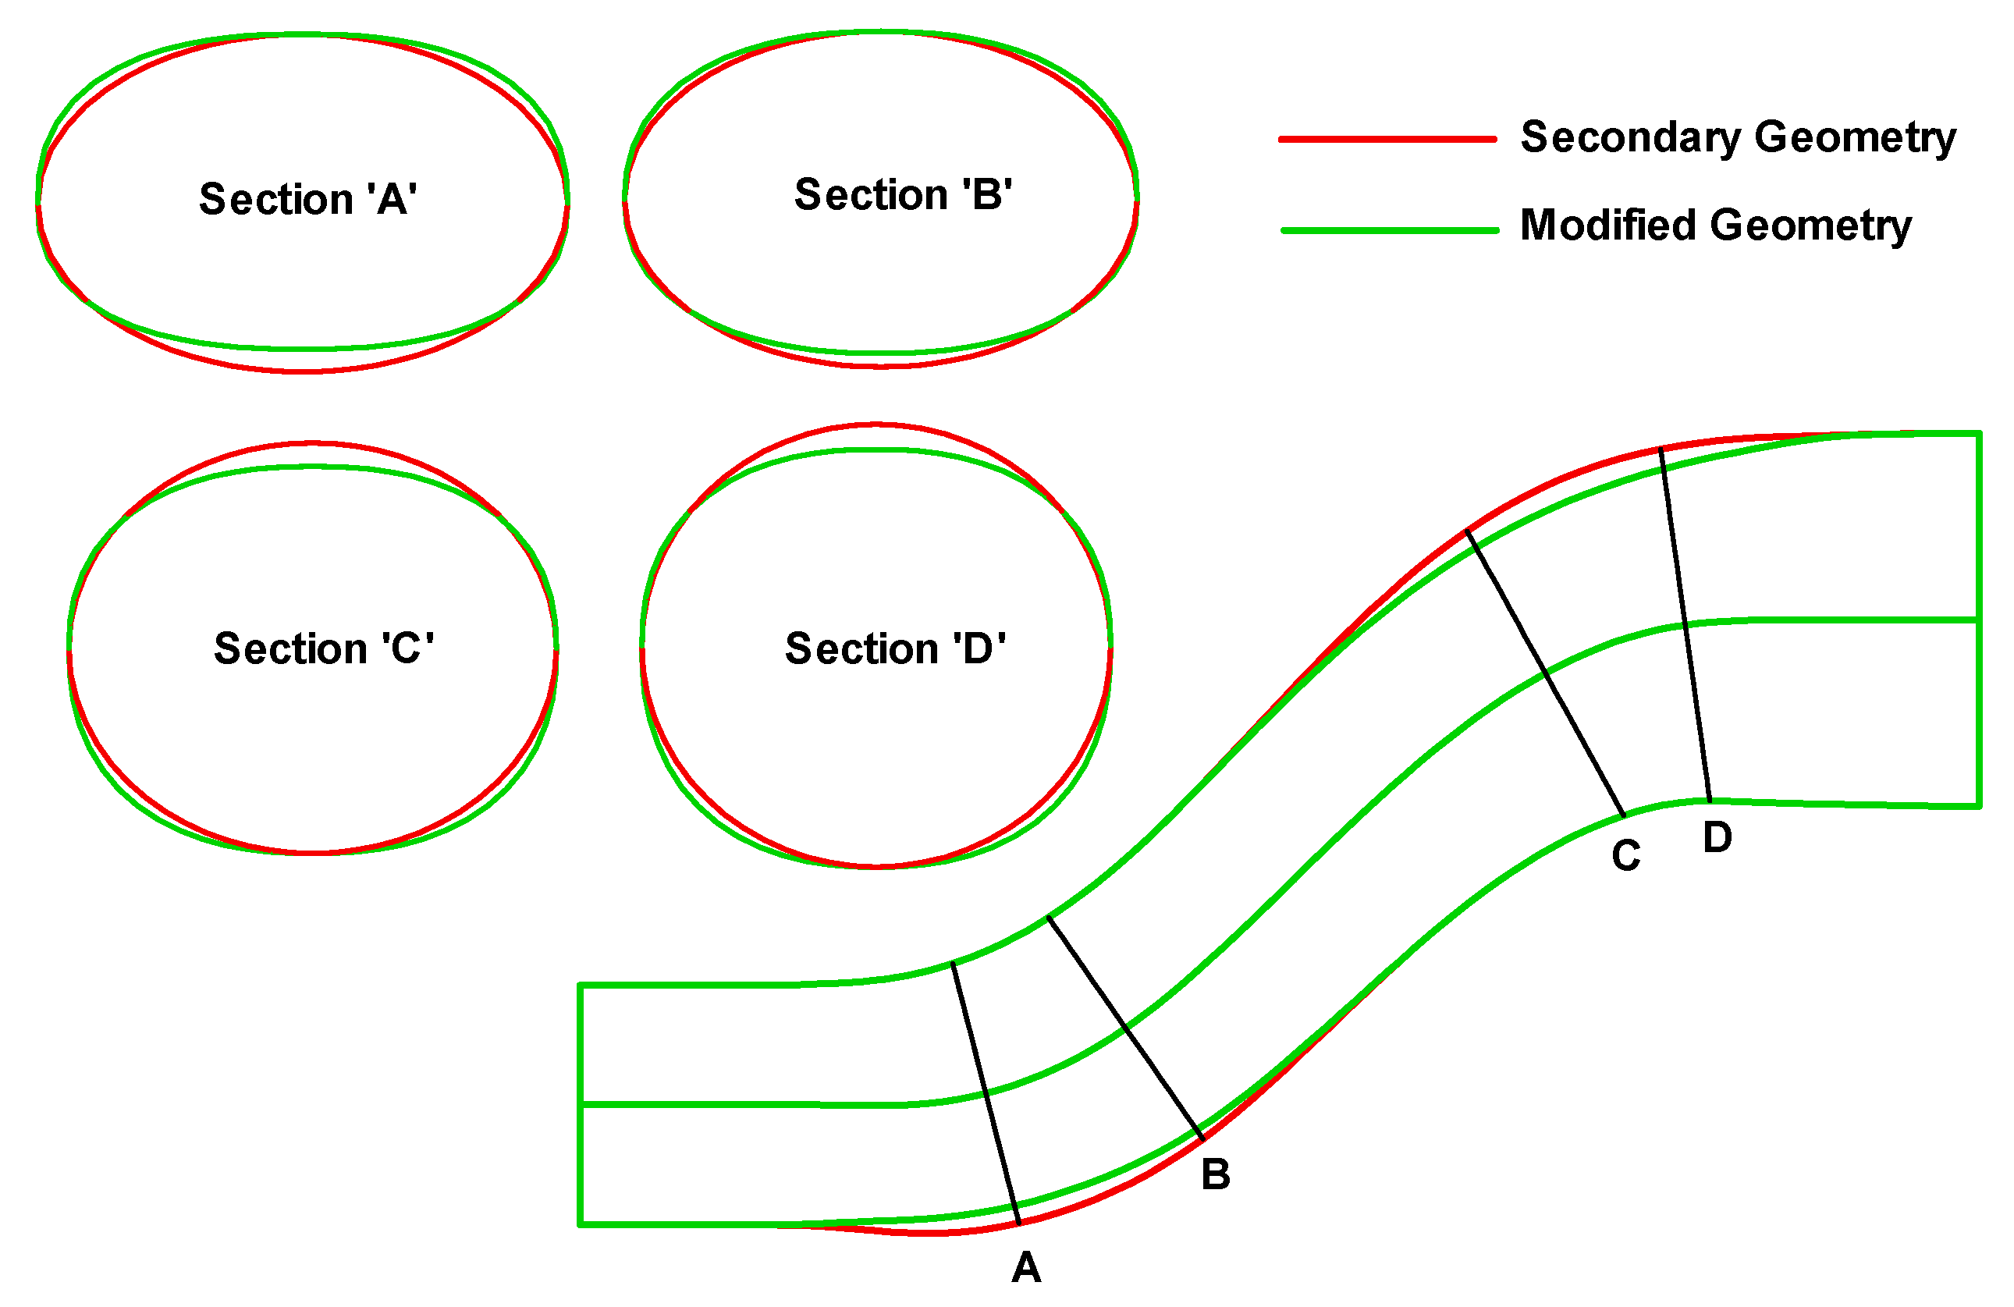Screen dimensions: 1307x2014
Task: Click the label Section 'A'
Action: coord(308,200)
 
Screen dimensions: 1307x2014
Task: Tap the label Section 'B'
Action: coord(903,195)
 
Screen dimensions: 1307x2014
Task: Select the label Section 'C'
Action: coord(324,649)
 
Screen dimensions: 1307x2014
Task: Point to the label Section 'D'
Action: coord(895,649)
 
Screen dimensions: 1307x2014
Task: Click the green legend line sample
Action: coord(1389,230)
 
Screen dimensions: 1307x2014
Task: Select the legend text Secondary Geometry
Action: coord(1738,137)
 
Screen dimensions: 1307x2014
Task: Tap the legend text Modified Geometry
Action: coord(1715,226)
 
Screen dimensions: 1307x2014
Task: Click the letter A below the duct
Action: coord(1025,1267)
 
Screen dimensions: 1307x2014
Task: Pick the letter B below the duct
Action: coord(1215,1174)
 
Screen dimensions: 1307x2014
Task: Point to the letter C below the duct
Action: coord(1625,855)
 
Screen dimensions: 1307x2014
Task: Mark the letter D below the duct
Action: coord(1717,837)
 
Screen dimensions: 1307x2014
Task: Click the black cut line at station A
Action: coord(986,1094)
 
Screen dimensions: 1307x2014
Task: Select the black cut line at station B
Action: coord(1125,1028)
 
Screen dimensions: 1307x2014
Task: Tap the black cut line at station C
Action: coord(1545,673)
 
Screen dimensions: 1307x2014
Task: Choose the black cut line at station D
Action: coord(1685,624)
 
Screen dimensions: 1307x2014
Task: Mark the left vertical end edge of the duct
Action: coord(581,1104)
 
